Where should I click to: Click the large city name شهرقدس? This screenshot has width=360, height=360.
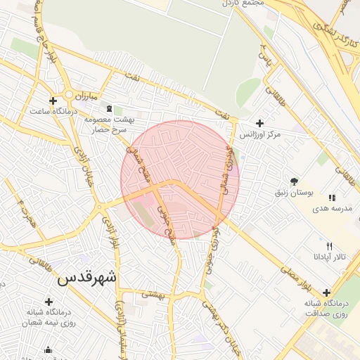[x=88, y=278]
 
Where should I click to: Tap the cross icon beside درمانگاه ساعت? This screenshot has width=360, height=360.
[x=54, y=101]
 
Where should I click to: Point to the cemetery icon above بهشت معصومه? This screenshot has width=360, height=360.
[x=108, y=109]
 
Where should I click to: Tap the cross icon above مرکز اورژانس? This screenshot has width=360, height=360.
[x=259, y=123]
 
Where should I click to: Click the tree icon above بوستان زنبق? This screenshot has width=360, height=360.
[x=293, y=181]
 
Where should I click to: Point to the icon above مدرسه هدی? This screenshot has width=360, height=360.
[x=331, y=198]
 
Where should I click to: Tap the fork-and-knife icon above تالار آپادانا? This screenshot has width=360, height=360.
[x=329, y=245]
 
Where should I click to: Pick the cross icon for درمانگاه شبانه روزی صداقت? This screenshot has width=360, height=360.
[x=326, y=292]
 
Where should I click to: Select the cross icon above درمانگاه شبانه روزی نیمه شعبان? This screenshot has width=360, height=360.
[x=49, y=301]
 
